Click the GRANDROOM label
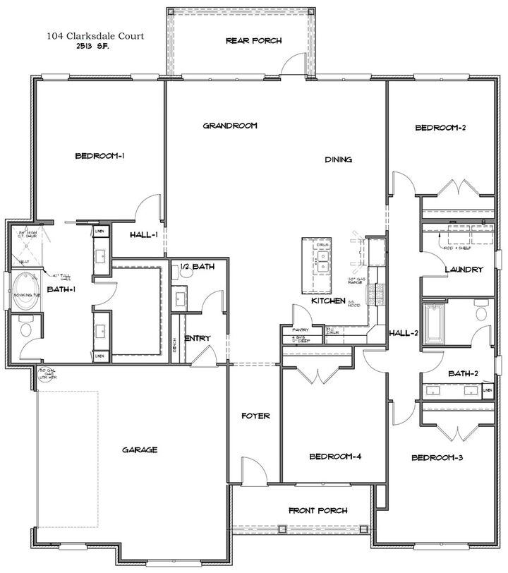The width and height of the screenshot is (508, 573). (230, 126)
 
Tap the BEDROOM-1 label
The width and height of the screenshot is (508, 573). (100, 156)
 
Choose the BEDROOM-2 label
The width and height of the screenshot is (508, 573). (440, 128)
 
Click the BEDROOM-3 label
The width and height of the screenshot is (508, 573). (437, 458)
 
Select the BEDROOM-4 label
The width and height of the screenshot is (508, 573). (335, 457)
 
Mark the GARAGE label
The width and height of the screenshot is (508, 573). (139, 450)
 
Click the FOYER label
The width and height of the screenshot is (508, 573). (255, 416)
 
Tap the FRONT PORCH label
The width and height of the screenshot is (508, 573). (317, 510)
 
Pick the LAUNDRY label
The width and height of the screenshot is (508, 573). (464, 270)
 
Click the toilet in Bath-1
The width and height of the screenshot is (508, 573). (25, 329)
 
